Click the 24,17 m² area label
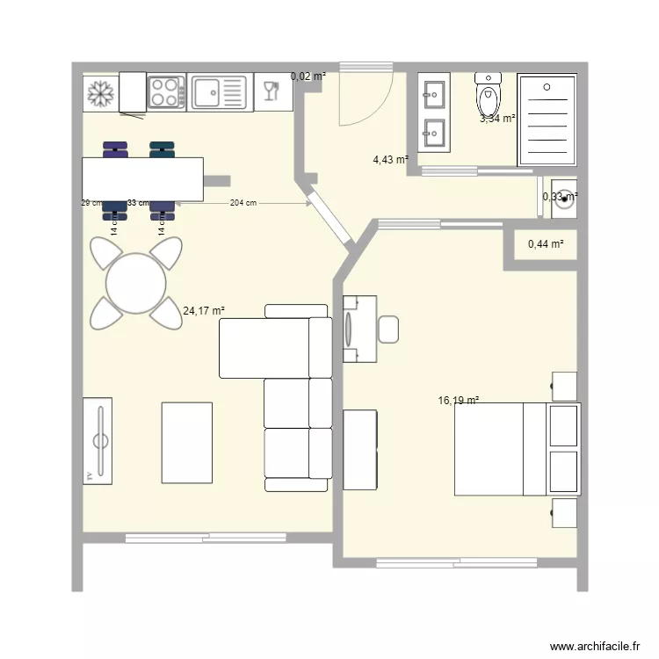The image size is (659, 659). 204,310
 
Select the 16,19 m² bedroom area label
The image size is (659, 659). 458,401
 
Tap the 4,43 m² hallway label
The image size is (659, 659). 390,160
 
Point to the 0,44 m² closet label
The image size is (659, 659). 546,244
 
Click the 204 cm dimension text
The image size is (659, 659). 243,203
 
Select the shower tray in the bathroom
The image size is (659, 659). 547,119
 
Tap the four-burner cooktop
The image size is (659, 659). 165,92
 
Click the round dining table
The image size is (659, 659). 136,284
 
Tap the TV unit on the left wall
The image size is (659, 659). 98,439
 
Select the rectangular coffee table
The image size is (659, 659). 186,443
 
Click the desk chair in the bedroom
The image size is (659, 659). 389,329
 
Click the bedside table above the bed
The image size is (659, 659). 563,386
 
